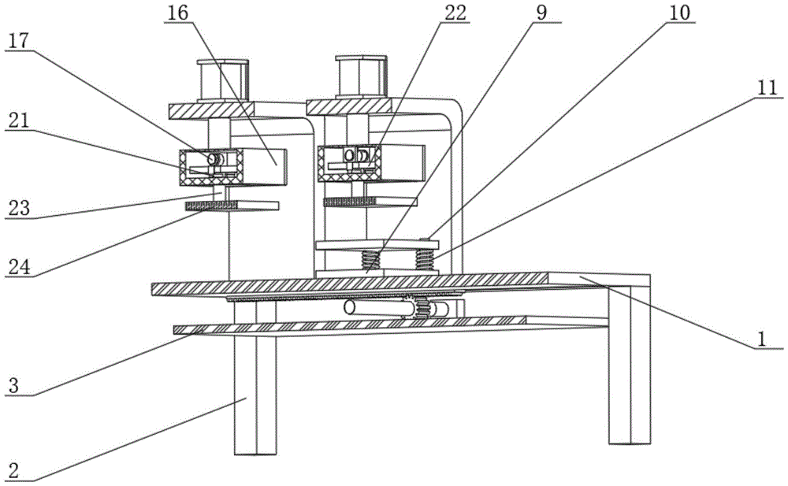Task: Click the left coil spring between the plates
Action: coord(370,258)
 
